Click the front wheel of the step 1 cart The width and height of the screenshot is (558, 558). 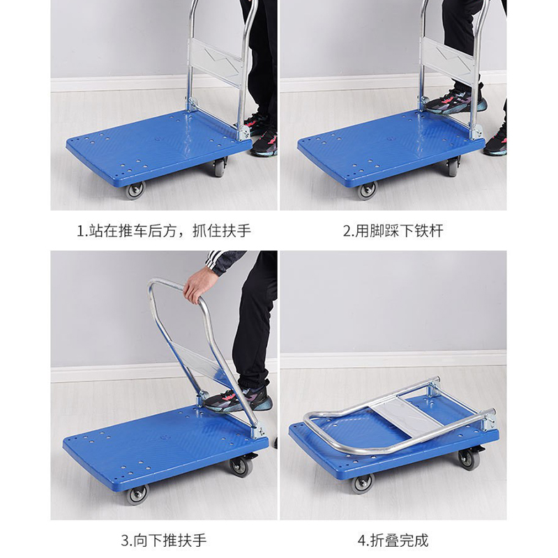coord(135,190)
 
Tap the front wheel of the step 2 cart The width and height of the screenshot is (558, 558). coord(367,190)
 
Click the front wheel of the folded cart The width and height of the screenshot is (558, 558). coord(363,484)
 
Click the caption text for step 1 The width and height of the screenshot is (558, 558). coord(164,231)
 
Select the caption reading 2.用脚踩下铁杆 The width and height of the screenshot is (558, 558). coord(393,231)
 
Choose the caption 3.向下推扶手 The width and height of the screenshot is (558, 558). coord(164,540)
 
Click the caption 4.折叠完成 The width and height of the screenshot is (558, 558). coord(393,540)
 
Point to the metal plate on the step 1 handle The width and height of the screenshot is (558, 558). coord(216,61)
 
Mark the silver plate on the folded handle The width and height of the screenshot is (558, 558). coord(406,416)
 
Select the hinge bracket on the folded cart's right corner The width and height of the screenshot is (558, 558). coord(489,420)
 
